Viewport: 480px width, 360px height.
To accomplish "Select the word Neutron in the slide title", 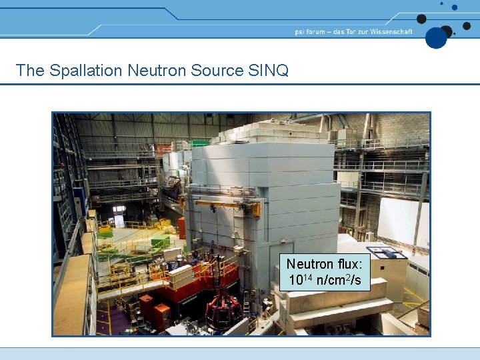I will pyautogui.click(x=155, y=70).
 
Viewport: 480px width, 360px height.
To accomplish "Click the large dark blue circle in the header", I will pyautogui.click(x=436, y=37).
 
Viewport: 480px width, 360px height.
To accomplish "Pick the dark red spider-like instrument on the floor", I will pyautogui.click(x=222, y=309).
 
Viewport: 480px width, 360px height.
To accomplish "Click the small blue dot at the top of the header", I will pyautogui.click(x=455, y=7).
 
